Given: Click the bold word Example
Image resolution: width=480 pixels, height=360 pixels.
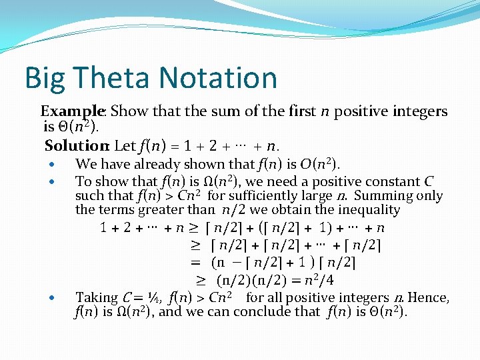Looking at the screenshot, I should click(72, 112).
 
